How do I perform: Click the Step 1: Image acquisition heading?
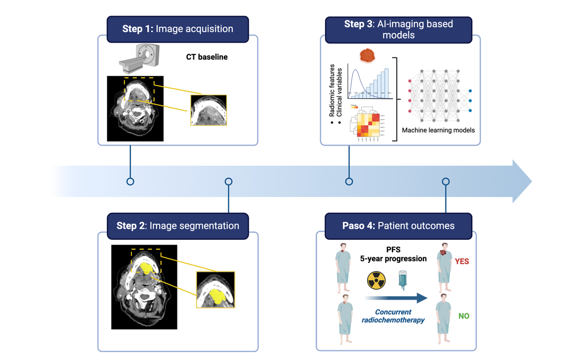[178, 29]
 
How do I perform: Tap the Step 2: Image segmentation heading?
[178, 226]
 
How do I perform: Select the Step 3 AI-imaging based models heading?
[398, 29]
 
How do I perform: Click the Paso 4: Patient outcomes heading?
[398, 226]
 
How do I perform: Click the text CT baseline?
[207, 57]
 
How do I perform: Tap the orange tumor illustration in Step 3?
[367, 56]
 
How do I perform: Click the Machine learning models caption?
[438, 130]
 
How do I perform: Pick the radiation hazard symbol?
[376, 280]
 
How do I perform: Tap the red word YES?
[462, 262]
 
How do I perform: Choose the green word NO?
[464, 316]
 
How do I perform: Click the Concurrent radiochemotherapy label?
[393, 316]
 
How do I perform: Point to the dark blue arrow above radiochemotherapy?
[396, 298]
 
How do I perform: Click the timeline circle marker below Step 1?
[131, 181]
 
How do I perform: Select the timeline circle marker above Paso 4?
[446, 181]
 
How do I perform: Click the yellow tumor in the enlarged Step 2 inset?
[217, 295]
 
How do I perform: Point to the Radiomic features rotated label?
[332, 90]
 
